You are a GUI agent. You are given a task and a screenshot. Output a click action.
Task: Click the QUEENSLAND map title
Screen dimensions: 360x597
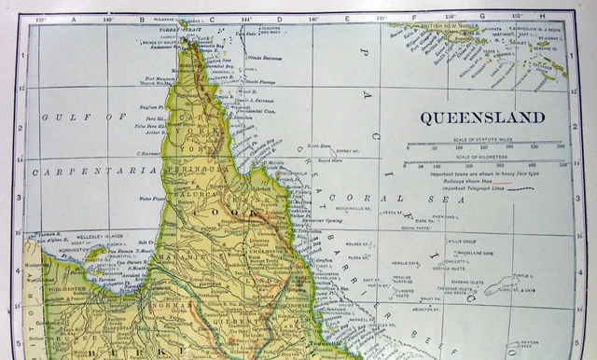(481, 118)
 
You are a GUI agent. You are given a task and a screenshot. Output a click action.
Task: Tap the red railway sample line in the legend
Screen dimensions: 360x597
(504, 181)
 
